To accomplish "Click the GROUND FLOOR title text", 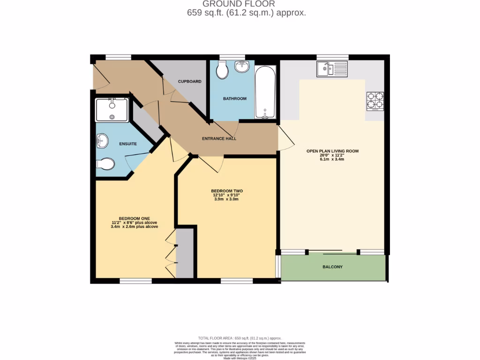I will click(x=246, y=4).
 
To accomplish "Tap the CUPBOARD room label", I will click(x=189, y=82).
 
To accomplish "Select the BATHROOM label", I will click(x=234, y=98).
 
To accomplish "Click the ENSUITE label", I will click(x=127, y=144).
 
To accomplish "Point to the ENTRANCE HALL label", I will click(x=219, y=139).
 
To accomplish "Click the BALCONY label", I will click(x=332, y=267).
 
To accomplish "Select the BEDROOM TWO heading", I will click(x=227, y=191).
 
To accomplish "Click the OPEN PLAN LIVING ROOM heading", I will click(x=332, y=151).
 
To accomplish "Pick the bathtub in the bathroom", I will click(x=265, y=92).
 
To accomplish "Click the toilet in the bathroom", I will click(x=222, y=71).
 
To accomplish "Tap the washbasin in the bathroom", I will click(x=242, y=67).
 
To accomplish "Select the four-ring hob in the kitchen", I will click(x=375, y=101).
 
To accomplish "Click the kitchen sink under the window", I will click(x=332, y=69).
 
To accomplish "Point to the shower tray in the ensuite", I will click(x=112, y=110).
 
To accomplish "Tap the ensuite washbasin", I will click(x=102, y=140).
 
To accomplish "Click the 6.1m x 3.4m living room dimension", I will click(x=332, y=159).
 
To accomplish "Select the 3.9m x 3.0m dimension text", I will click(x=227, y=199).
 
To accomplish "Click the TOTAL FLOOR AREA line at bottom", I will click(x=240, y=338).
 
